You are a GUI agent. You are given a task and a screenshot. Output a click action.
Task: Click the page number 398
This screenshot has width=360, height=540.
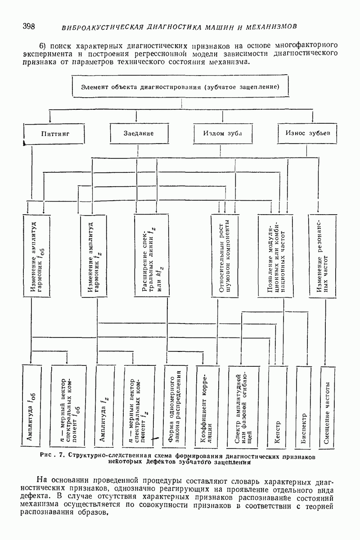(29, 26)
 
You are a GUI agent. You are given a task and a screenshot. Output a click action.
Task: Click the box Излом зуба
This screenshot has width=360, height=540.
(223, 134)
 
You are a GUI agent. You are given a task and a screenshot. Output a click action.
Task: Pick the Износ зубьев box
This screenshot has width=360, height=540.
(308, 133)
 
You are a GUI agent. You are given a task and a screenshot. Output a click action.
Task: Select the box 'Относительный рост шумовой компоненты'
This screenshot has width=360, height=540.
(225, 255)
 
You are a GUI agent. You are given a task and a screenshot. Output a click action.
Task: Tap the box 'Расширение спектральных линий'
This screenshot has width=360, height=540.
(151, 255)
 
